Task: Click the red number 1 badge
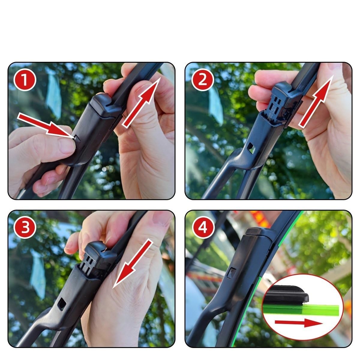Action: coord(25,79)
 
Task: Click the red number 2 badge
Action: coord(203,79)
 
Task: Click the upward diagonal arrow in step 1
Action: coord(141,103)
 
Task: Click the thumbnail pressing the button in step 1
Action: coord(67,146)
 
